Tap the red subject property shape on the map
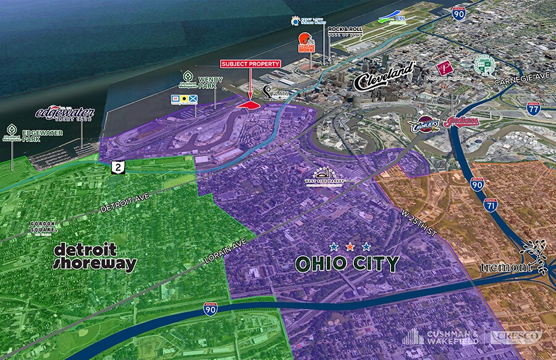coord(248,106)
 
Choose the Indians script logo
coord(463,122)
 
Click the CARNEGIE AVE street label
coord(520,78)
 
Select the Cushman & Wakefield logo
coord(442,337)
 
